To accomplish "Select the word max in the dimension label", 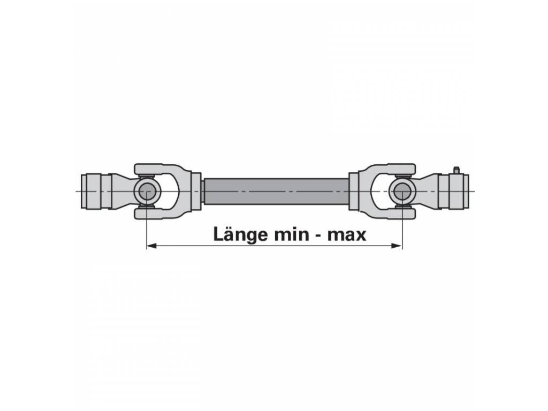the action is pyautogui.click(x=347, y=234).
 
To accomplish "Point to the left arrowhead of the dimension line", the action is pyautogui.click(x=151, y=246).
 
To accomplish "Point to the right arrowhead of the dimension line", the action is pyautogui.click(x=397, y=246).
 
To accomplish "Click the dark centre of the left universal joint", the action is pyautogui.click(x=146, y=191).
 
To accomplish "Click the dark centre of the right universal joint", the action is pyautogui.click(x=401, y=191).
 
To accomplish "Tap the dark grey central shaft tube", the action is pyautogui.click(x=274, y=191).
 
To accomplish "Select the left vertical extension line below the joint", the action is pyautogui.click(x=146, y=230).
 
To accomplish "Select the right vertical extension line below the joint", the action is pyautogui.click(x=401, y=230).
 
